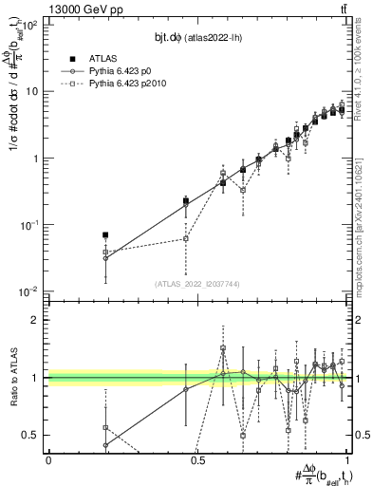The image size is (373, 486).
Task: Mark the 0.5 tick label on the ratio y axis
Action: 33,435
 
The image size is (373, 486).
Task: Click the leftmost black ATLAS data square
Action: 105,234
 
